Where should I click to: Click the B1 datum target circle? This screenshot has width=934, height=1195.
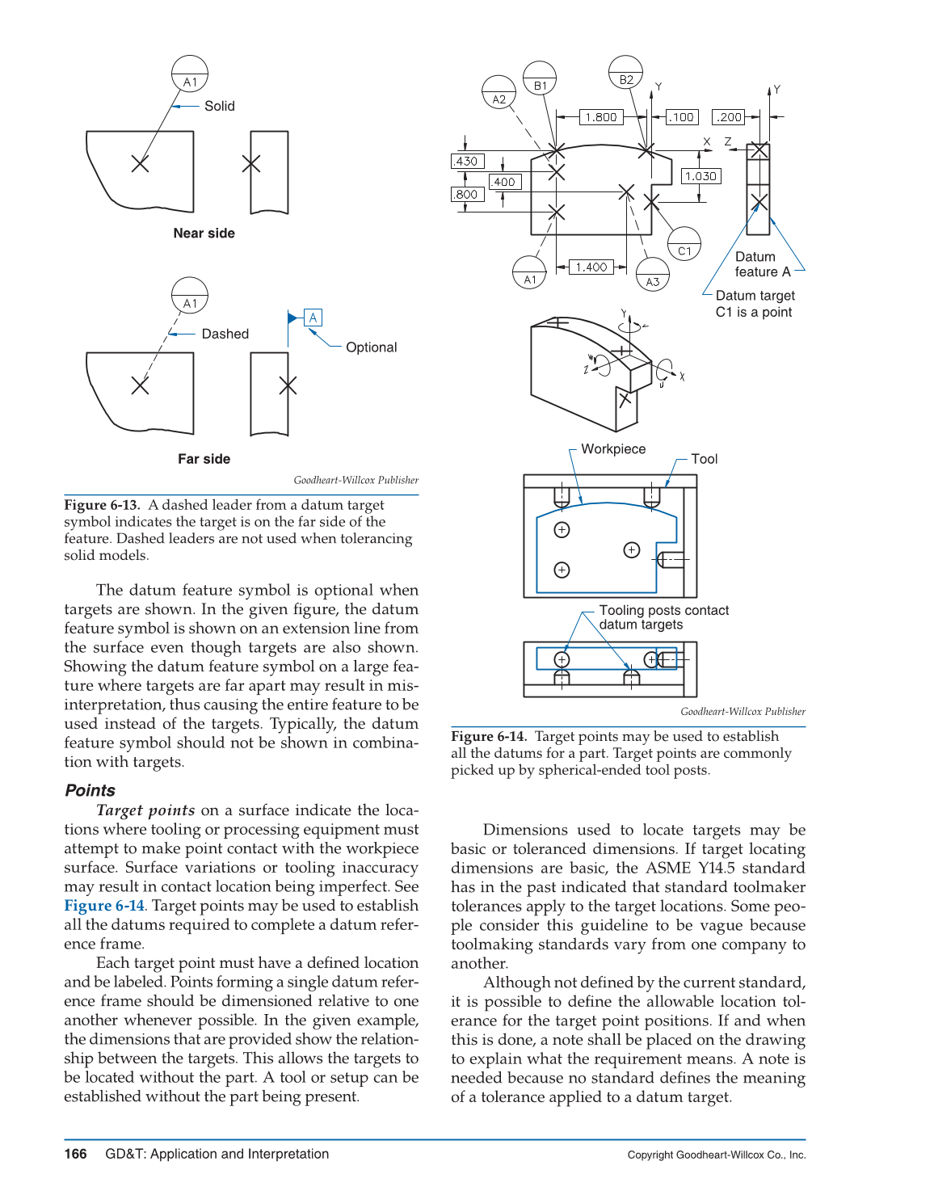point(541,78)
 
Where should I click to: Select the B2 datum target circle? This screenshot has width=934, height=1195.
point(626,72)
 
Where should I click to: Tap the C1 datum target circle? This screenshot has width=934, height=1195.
point(684,243)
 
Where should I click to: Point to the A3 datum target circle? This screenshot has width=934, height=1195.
point(652,274)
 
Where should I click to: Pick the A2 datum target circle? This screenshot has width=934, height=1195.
point(499,92)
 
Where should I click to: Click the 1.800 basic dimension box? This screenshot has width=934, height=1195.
point(601,117)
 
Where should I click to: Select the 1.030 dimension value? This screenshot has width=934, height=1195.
point(700,176)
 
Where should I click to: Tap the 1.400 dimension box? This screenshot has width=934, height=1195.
point(591,267)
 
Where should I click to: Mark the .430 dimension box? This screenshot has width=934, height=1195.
point(466,161)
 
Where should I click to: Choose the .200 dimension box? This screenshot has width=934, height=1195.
point(729,117)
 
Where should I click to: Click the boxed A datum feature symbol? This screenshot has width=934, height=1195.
point(313,318)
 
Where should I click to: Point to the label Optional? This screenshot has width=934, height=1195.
point(371,347)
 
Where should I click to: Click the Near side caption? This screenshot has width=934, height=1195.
point(204,234)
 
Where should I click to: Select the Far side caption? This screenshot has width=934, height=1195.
point(204,459)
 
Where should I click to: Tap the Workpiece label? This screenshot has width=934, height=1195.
point(613,449)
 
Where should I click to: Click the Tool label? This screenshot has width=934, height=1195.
point(704,459)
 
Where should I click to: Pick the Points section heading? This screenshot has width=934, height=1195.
point(90,790)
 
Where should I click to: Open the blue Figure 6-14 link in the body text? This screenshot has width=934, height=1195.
point(104,906)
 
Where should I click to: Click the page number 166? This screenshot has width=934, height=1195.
point(75,1154)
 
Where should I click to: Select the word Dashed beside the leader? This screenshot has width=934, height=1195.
point(225,334)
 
